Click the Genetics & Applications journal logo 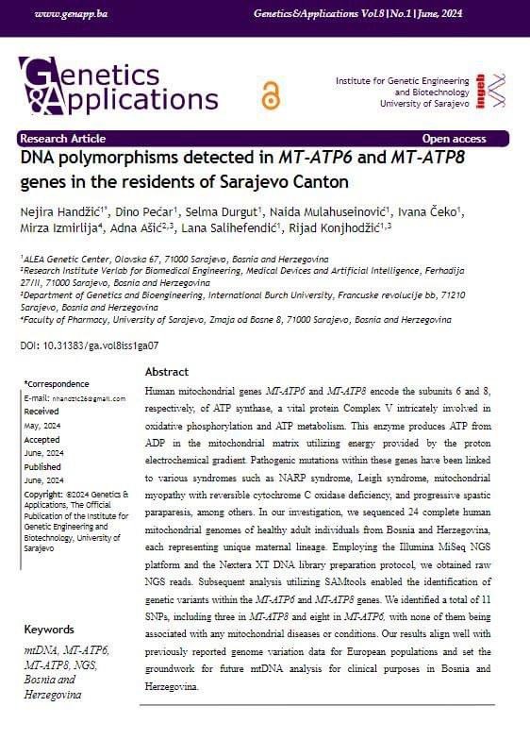point(119,85)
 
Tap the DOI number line point(89,346)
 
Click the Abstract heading point(167,372)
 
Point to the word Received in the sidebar point(41,412)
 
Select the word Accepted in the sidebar point(41,439)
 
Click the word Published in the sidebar point(42,466)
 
